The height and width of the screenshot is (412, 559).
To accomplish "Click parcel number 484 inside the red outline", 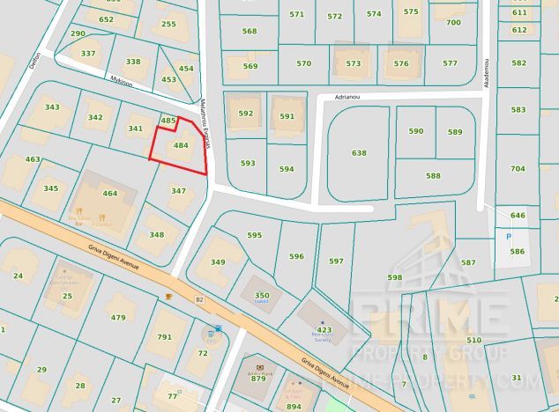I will coord(181,145).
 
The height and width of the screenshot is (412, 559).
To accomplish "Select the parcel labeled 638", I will coord(359,153).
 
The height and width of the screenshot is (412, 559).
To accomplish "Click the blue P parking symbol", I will coord(507,236).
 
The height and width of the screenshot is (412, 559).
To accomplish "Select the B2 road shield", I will coord(199,300).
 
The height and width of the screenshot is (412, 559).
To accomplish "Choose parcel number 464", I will coord(110,194).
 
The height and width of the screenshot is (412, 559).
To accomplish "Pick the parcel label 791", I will coord(165,336).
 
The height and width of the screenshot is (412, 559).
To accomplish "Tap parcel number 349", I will coord(218,262).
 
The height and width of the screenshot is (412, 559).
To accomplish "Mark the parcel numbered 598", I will coord(394,277).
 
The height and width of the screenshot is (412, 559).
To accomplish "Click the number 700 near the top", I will coord(453,23).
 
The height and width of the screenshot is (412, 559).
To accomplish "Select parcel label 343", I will coord(52,107).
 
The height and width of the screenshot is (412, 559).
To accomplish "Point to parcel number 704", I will coord(518,169).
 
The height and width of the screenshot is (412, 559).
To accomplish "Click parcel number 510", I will coord(473,340).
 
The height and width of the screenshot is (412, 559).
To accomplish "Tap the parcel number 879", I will coord(258,378).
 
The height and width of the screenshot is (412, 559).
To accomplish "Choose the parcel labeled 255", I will coord(168,25).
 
